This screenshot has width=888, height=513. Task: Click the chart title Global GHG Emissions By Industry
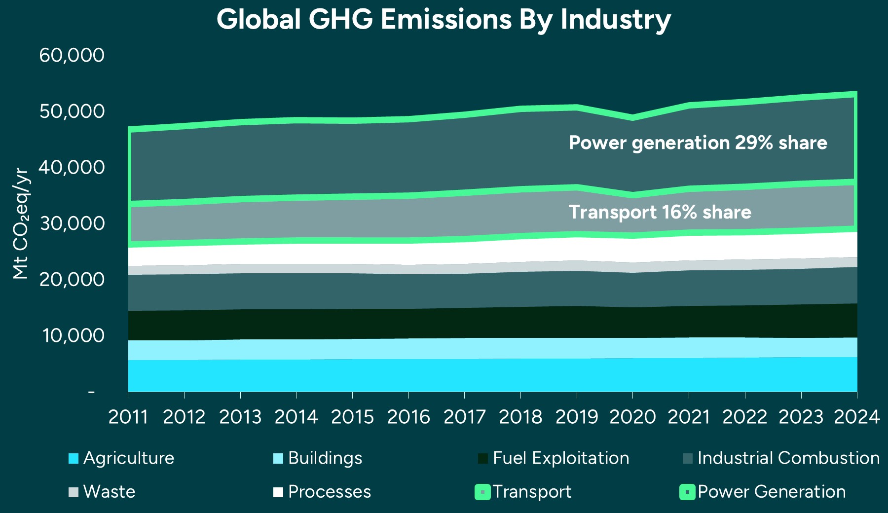click(x=444, y=20)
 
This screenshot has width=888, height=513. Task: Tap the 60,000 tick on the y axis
click(x=72, y=55)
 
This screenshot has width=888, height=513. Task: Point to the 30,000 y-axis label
click(x=72, y=223)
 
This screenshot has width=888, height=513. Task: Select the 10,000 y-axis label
click(x=74, y=335)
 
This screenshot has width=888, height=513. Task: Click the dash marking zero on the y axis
click(x=91, y=392)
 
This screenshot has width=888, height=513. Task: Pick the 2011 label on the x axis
click(x=128, y=417)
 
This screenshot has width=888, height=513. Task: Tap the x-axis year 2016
click(x=408, y=417)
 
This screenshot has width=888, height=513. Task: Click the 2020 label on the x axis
click(x=632, y=417)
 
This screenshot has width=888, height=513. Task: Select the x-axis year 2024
click(x=856, y=417)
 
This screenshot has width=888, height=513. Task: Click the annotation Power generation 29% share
click(x=698, y=143)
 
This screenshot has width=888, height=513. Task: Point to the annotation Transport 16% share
click(x=660, y=212)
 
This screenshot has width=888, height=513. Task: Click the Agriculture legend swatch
click(x=74, y=458)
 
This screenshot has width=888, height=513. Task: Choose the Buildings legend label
click(x=325, y=458)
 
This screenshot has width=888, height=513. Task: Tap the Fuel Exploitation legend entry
click(x=560, y=458)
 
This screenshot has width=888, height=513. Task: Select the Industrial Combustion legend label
click(x=788, y=458)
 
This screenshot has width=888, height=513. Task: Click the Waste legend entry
click(x=109, y=492)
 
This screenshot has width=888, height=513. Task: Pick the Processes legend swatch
click(x=278, y=492)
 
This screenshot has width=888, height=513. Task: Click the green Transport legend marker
click(x=482, y=492)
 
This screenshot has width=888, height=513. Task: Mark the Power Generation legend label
click(x=772, y=492)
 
